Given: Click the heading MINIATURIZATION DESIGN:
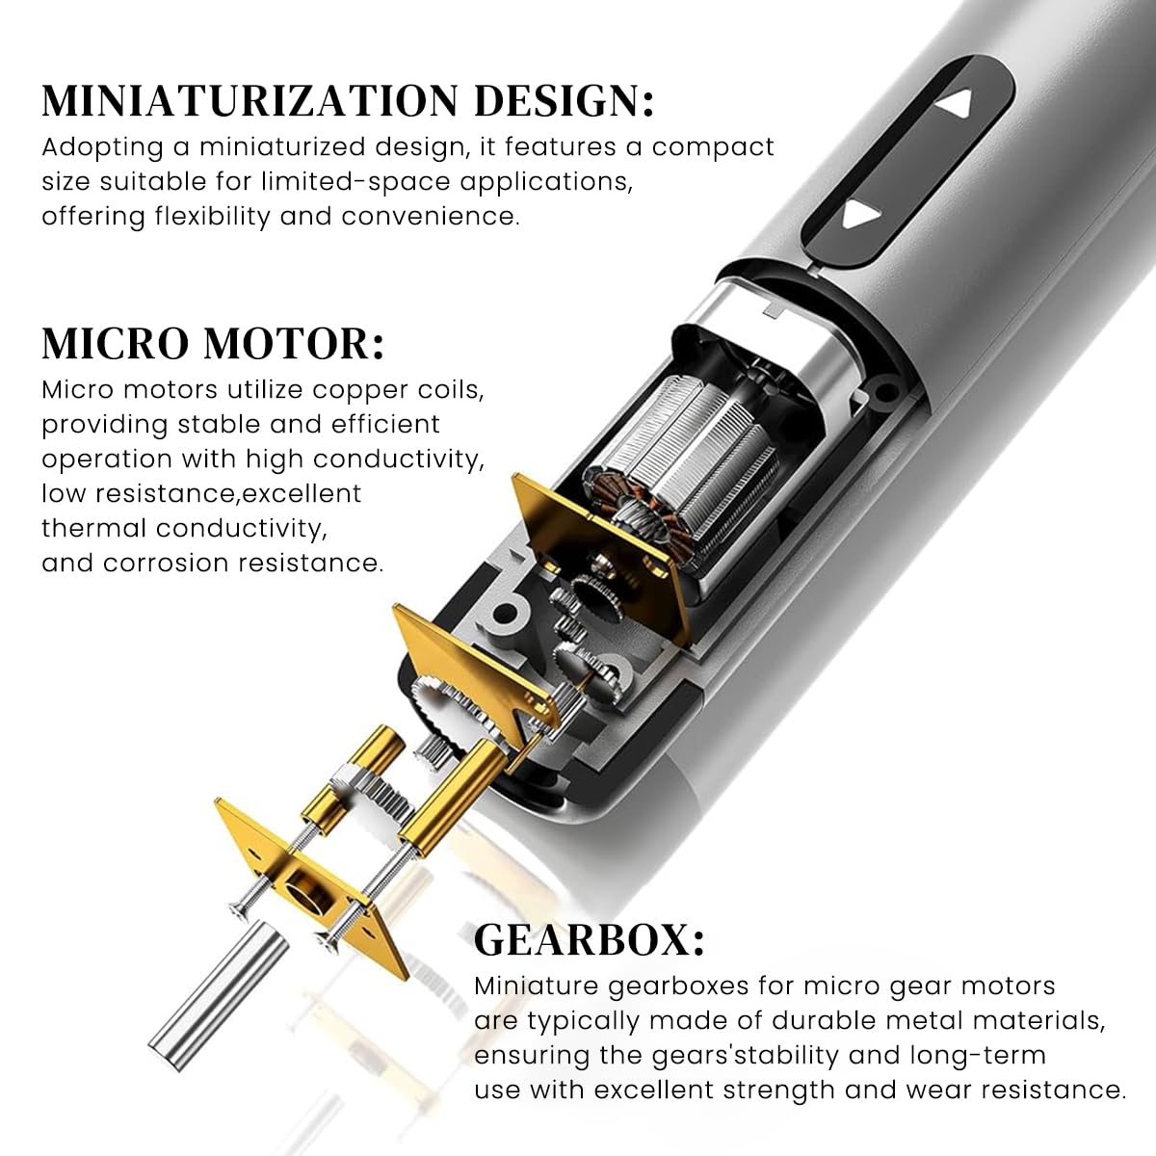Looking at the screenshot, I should (348, 101).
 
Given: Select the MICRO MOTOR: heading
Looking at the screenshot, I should (213, 344).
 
